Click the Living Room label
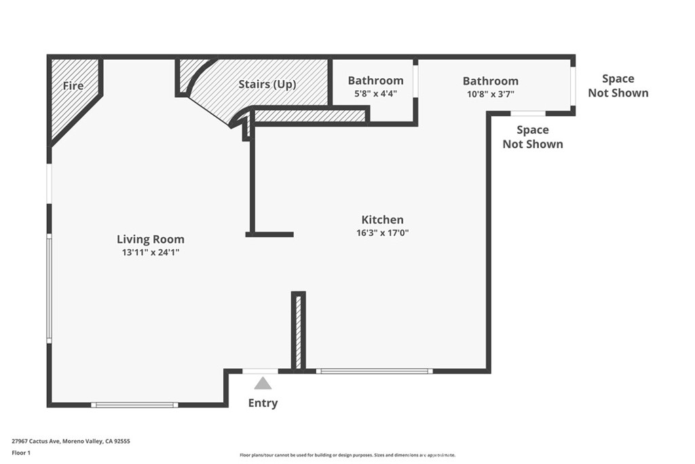[151, 239]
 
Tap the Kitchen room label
[383, 219]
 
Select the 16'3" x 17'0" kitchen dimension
[383, 232]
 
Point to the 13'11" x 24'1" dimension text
[151, 253]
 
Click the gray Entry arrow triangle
[263, 383]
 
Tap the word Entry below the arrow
[263, 403]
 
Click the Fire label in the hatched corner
[73, 85]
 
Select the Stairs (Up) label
[267, 84]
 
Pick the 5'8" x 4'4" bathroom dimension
[375, 94]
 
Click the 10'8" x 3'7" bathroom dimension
[491, 94]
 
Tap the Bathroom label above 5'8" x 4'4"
[375, 80]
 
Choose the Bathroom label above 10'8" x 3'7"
[491, 81]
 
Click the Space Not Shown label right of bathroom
[618, 86]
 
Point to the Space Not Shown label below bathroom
[533, 137]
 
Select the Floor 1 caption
[21, 453]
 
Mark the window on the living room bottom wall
[135, 405]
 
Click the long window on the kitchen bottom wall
[375, 371]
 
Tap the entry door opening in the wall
[260, 372]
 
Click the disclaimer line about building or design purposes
[347, 454]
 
